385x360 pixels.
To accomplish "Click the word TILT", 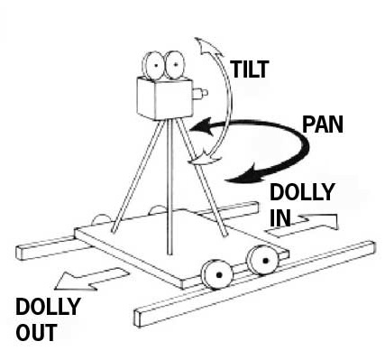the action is point(249,69).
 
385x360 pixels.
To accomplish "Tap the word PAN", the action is point(323,125).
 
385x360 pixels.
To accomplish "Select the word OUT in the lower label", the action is point(36,332).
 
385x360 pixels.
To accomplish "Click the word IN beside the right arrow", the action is point(280,217).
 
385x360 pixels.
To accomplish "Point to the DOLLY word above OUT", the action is point(48,306).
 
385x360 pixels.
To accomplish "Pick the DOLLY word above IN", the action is point(302,192).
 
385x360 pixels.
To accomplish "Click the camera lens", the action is point(200,94).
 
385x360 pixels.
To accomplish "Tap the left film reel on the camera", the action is point(153,65).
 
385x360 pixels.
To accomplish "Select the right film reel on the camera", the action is point(175,64).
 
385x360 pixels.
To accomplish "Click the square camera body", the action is point(164,98).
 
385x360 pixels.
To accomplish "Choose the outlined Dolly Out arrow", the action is point(91,280).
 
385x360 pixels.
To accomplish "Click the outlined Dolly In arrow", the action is point(301,225).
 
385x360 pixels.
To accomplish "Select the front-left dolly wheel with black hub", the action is point(217,274).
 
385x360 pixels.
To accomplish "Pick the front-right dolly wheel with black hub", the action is point(263,261).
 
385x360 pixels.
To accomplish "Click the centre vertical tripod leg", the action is point(170,188).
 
